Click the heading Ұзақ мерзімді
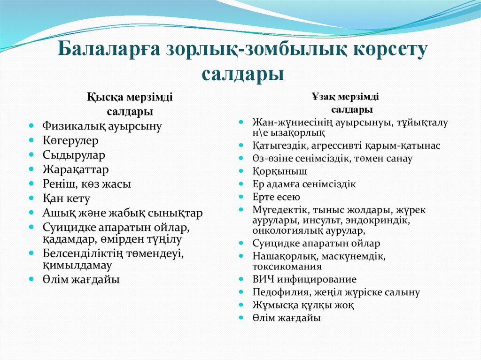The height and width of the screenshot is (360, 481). click(345, 97)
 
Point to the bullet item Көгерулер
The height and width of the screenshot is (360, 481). click(70, 140)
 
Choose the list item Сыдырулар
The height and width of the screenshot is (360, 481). click(74, 155)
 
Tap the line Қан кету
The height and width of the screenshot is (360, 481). click(66, 199)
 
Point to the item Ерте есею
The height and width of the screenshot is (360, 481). click(276, 197)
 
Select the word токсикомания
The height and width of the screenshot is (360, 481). click(287, 267)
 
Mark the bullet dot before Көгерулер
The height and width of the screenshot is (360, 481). click(31, 140)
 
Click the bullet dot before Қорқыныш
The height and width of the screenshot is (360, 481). click(241, 171)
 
